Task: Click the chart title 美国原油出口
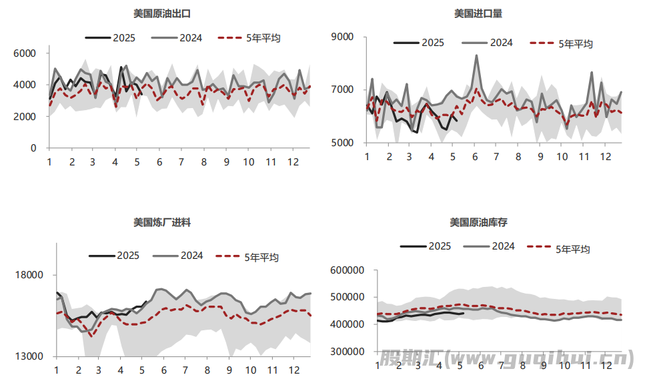pyautogui.click(x=162, y=13)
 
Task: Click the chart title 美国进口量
pyautogui.click(x=478, y=13)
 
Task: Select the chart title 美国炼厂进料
pyautogui.click(x=162, y=222)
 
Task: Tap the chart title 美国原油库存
pyautogui.click(x=478, y=222)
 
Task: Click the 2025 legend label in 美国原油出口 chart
pyautogui.click(x=123, y=38)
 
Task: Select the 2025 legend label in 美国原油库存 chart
pyautogui.click(x=440, y=246)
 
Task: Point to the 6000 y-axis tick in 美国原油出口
pyautogui.click(x=25, y=53)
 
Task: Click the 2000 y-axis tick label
pyautogui.click(x=25, y=117)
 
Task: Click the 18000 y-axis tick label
pyautogui.click(x=29, y=275)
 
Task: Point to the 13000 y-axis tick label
pyautogui.click(x=29, y=356)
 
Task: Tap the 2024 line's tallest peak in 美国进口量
pyautogui.click(x=476, y=55)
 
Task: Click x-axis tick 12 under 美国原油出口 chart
pyautogui.click(x=292, y=162)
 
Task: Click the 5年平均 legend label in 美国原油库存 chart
pyautogui.click(x=573, y=250)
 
